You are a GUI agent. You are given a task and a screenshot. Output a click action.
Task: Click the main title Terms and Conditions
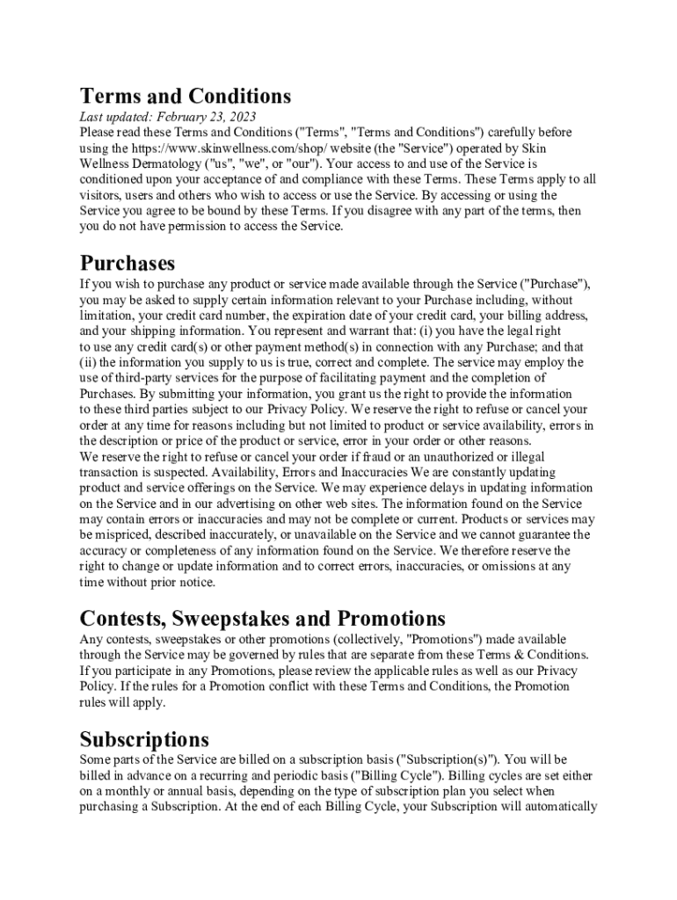coord(185,95)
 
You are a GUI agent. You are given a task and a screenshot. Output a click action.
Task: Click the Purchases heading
coord(127,263)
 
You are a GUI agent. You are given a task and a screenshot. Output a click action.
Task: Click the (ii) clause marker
coord(88,363)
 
